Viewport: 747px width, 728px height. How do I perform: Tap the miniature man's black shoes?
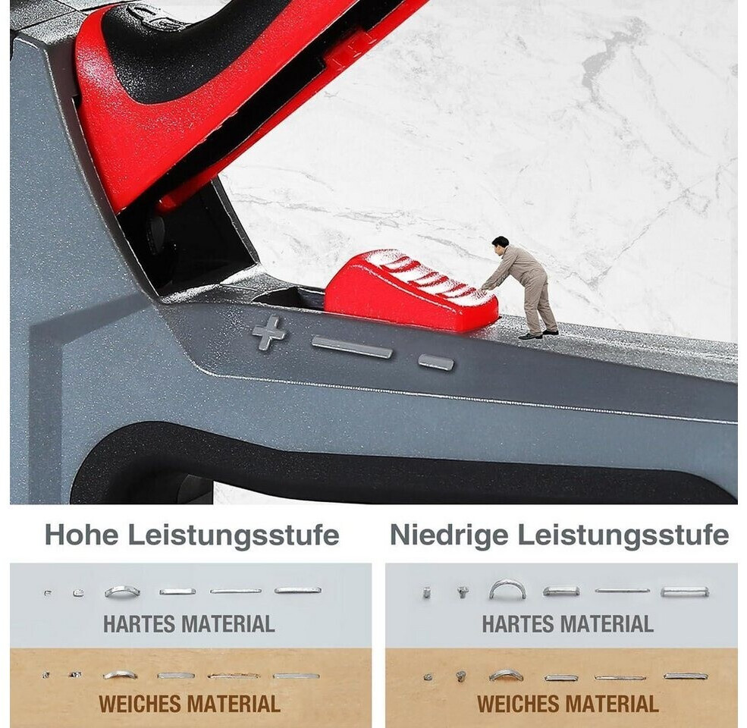click(538, 334)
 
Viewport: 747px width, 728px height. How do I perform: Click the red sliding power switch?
click(412, 290)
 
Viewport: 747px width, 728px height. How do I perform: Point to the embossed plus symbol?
click(268, 333)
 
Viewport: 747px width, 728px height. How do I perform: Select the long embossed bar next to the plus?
click(352, 347)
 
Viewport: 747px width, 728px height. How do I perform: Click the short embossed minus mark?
click(436, 362)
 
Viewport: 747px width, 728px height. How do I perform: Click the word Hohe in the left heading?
click(81, 535)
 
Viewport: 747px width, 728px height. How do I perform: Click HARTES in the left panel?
click(139, 623)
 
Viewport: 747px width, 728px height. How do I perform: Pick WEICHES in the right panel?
click(516, 704)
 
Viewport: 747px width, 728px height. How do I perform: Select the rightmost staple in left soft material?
click(296, 676)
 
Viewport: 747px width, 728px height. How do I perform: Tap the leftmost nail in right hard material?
click(427, 593)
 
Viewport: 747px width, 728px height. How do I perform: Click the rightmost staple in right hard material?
click(685, 591)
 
